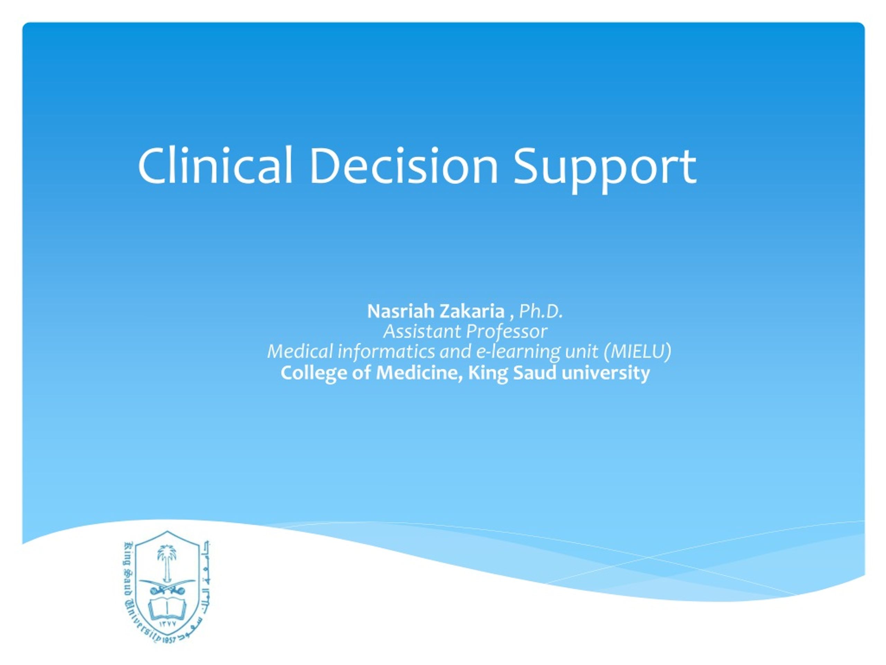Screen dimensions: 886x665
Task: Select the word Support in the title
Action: point(605,170)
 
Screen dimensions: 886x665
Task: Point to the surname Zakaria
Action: point(472,311)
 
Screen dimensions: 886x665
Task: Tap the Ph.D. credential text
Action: point(541,311)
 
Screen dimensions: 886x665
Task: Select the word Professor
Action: point(507,332)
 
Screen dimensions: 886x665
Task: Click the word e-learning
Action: point(518,352)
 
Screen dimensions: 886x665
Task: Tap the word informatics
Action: point(386,352)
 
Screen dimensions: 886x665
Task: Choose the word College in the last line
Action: point(314,373)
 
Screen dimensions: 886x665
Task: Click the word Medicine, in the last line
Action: point(420,373)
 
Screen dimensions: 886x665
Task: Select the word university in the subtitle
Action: point(605,373)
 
